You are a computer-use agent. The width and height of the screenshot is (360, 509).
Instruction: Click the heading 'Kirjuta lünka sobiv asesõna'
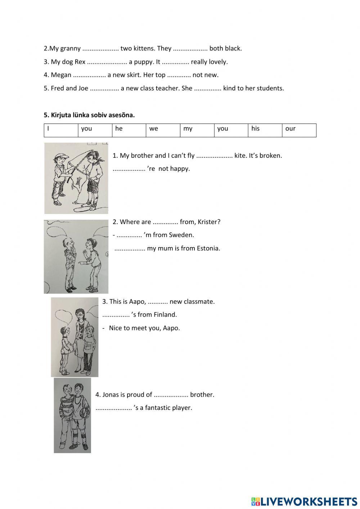point(89,115)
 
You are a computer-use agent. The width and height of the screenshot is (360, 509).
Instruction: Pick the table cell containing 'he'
point(129,130)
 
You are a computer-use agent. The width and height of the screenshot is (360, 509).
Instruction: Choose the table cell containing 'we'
point(163,130)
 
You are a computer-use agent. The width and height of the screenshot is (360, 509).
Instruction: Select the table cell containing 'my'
point(197,130)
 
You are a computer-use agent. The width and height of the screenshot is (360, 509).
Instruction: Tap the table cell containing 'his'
point(265,130)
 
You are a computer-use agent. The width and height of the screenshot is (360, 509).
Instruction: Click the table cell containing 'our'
point(299,130)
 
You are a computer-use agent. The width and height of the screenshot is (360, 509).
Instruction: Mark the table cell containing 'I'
point(61,130)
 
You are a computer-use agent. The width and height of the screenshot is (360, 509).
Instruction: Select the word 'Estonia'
point(208,248)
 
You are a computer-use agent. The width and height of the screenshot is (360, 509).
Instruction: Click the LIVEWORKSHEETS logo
point(304,501)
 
